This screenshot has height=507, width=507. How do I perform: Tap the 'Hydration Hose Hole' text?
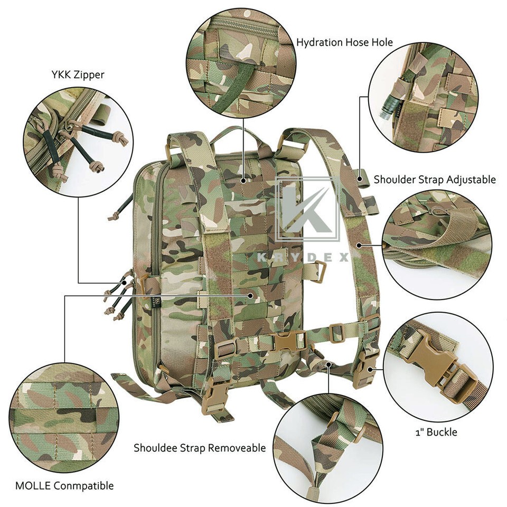(344, 42)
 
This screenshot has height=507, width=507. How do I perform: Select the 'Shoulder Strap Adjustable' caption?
(435, 179)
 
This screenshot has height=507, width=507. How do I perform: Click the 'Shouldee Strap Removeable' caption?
(200, 448)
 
